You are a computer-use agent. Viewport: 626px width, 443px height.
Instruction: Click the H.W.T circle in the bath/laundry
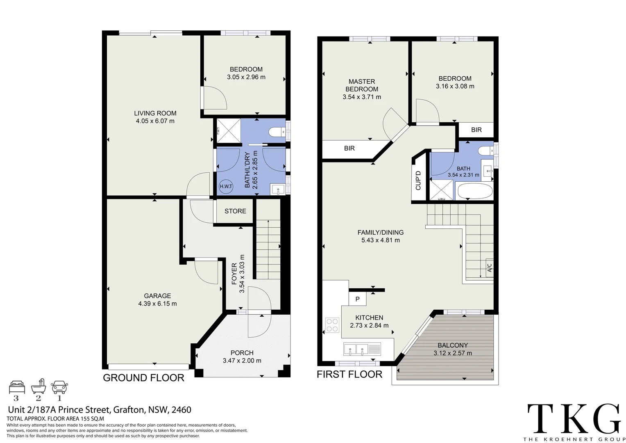click(226, 186)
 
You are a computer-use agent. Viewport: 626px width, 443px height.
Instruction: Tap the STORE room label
click(235, 211)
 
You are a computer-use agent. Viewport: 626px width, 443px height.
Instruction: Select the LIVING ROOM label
click(155, 113)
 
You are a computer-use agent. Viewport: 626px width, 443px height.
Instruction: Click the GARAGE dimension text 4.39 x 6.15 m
click(157, 304)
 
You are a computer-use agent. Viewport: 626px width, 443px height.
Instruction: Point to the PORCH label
click(242, 353)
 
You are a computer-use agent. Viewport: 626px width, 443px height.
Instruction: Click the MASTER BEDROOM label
click(362, 85)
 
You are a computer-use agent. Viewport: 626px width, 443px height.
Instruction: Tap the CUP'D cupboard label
click(418, 180)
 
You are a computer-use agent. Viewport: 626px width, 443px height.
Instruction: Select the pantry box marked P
click(357, 299)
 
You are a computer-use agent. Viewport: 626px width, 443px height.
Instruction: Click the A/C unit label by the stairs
click(489, 268)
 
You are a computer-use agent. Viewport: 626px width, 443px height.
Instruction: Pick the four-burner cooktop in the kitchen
click(332, 325)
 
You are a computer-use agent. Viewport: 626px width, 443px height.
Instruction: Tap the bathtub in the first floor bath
click(475, 191)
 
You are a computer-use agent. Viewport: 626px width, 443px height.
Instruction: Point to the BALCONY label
click(453, 345)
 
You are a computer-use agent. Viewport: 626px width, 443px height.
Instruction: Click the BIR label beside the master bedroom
click(349, 148)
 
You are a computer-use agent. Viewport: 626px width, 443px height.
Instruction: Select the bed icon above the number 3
click(17, 387)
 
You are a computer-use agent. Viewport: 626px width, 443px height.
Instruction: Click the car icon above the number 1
click(59, 387)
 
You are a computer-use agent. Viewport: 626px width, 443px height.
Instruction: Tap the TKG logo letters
click(574, 419)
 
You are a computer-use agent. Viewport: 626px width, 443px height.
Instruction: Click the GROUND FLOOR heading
click(144, 378)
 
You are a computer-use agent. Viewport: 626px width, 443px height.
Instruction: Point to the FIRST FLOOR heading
click(349, 374)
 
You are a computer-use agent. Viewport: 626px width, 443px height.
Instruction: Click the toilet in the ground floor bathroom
click(277, 132)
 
